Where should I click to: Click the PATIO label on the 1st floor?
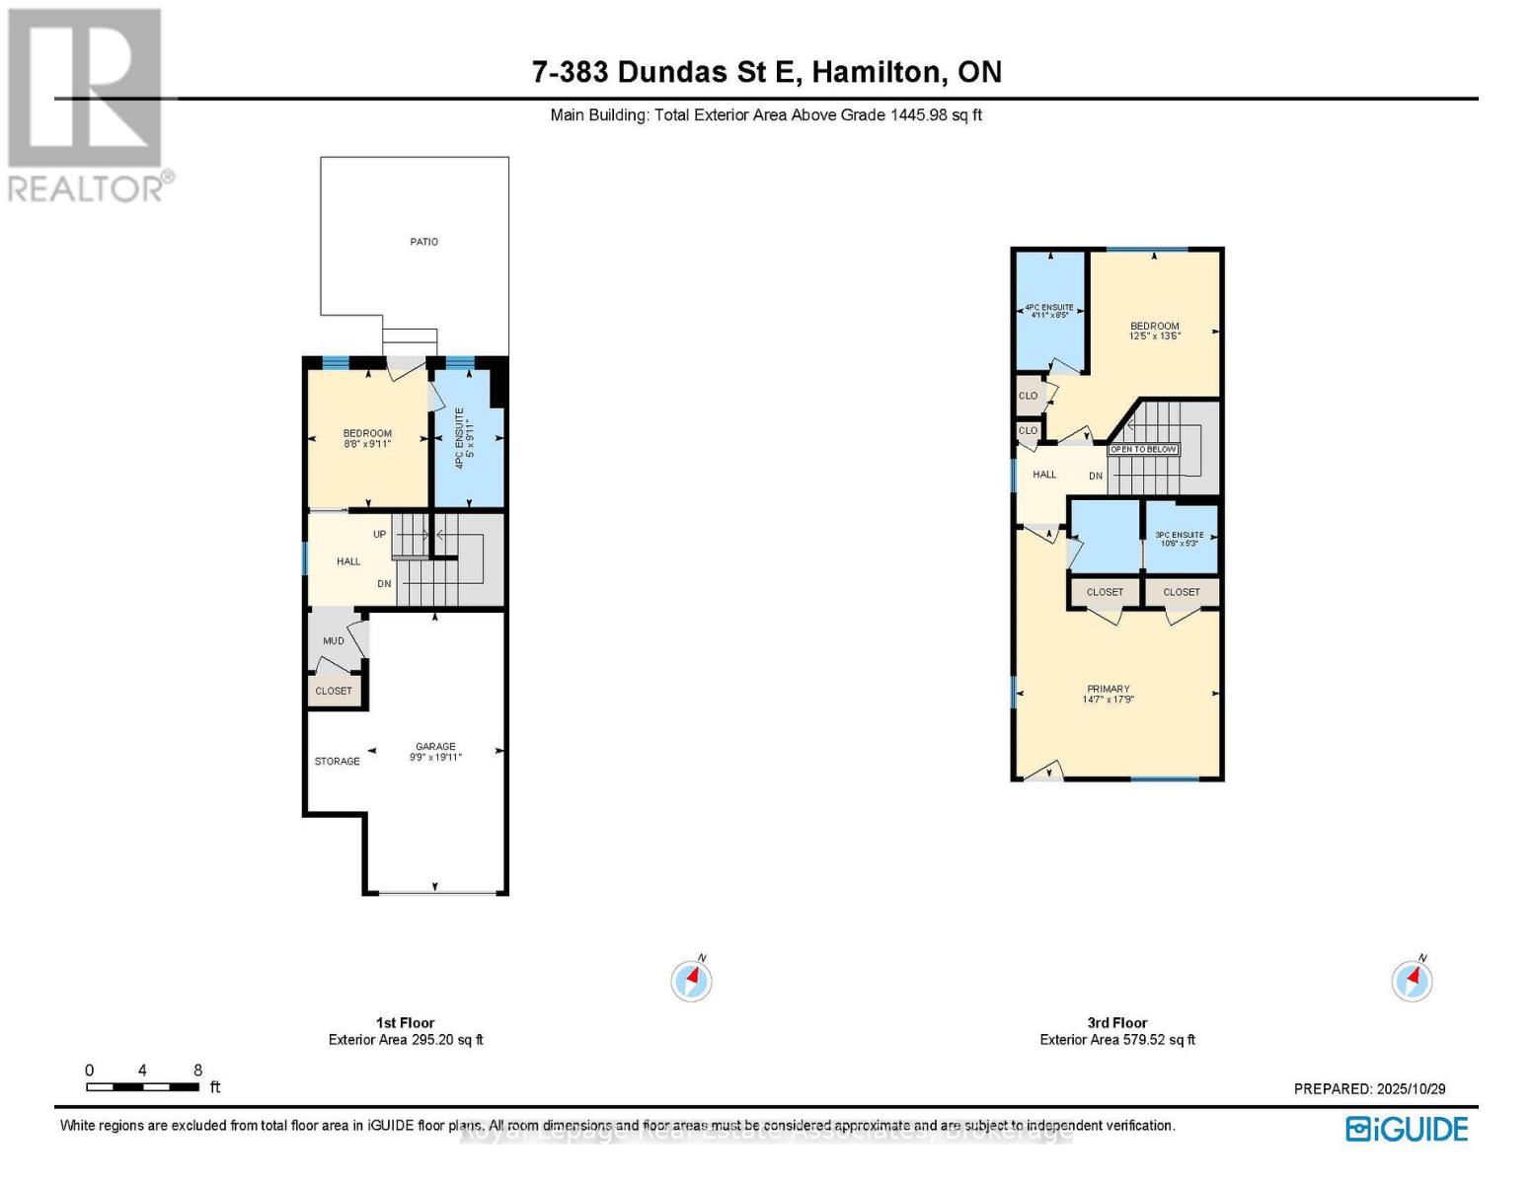423,242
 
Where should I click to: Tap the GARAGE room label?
435,747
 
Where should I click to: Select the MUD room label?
334,641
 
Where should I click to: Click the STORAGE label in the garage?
337,762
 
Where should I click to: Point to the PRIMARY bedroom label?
1108,689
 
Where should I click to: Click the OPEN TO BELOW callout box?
1143,450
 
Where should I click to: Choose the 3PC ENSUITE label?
1179,535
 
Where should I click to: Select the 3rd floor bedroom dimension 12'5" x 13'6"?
1154,336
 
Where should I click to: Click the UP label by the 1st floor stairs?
379,535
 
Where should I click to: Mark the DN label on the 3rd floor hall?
1096,477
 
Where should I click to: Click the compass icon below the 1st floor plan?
691,981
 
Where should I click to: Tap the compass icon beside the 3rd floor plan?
1412,981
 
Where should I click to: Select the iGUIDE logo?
1407,1129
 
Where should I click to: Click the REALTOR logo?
87,105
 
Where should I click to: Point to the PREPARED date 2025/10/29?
1369,1089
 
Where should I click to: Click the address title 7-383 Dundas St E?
766,72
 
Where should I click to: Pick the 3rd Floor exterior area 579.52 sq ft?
1116,1040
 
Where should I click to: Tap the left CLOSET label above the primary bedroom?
1105,592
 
